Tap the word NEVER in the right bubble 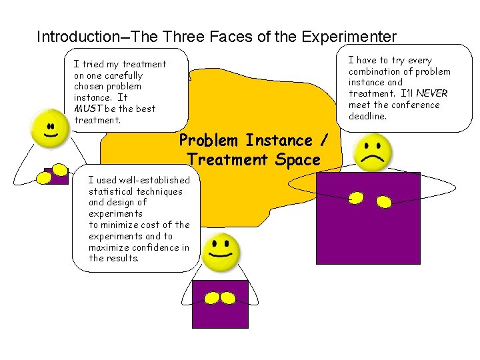click(432, 93)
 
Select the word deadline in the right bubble click(367, 116)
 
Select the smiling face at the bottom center click(221, 252)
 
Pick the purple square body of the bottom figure click(220, 313)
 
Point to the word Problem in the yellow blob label click(209, 141)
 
